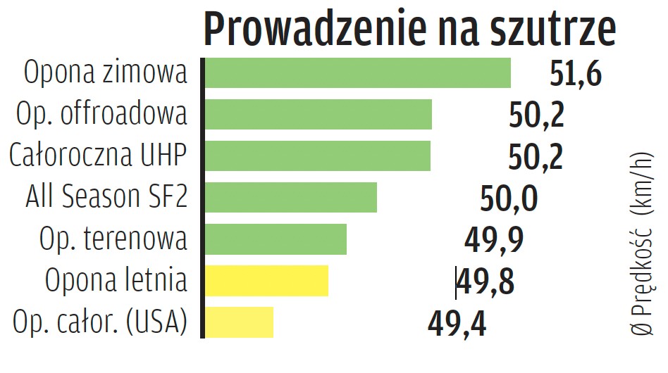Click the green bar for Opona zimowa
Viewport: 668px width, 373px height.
tap(357, 73)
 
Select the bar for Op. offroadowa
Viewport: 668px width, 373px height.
tap(318, 114)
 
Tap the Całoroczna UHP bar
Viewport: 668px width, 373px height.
tap(317, 156)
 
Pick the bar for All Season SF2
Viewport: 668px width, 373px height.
tap(290, 197)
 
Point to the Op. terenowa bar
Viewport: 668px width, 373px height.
tap(276, 239)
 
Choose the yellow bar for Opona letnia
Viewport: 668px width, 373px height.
tap(266, 281)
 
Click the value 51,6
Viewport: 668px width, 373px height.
tap(576, 74)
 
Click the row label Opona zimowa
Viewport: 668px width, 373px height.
tap(106, 73)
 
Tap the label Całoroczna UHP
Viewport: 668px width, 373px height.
tap(99, 156)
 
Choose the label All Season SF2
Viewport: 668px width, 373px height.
tap(107, 197)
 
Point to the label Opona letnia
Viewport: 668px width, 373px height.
tap(116, 281)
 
